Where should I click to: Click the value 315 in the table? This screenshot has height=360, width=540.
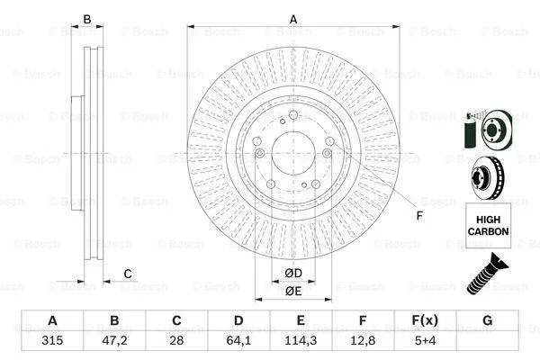pyautogui.click(x=52, y=340)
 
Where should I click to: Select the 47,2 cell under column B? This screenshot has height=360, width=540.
pyautogui.click(x=114, y=340)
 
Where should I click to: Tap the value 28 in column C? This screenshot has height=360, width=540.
pyautogui.click(x=176, y=340)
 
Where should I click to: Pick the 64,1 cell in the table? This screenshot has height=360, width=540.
pyautogui.click(x=238, y=340)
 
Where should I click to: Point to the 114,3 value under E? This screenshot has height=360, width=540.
pyautogui.click(x=301, y=340)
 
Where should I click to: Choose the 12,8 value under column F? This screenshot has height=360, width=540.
pyautogui.click(x=363, y=340)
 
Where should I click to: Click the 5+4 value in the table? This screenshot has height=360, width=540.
pyautogui.click(x=425, y=340)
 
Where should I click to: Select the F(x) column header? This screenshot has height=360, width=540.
pyautogui.click(x=425, y=320)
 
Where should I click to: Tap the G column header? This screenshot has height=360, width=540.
pyautogui.click(x=487, y=320)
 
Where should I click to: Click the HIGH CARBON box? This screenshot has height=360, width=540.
pyautogui.click(x=488, y=225)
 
